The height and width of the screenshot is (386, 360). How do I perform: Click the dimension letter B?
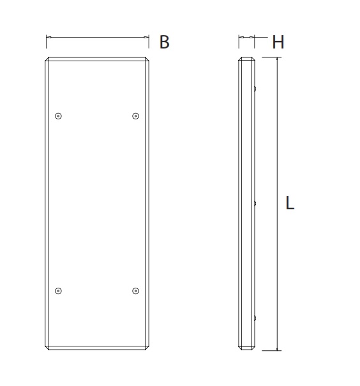(165, 42)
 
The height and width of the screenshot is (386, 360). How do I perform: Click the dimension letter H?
(278, 42)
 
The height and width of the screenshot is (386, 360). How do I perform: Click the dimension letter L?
(290, 203)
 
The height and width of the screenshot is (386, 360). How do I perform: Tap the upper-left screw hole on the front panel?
(58, 116)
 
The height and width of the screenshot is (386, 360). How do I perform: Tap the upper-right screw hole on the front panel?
(136, 116)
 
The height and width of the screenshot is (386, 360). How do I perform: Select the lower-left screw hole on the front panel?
(58, 291)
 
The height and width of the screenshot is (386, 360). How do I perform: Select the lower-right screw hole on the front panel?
(136, 291)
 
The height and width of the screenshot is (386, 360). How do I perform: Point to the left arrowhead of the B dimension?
(49, 38)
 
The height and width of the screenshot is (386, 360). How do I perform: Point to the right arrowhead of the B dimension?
(146, 38)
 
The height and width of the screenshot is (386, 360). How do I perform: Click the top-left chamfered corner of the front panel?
(47, 59)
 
